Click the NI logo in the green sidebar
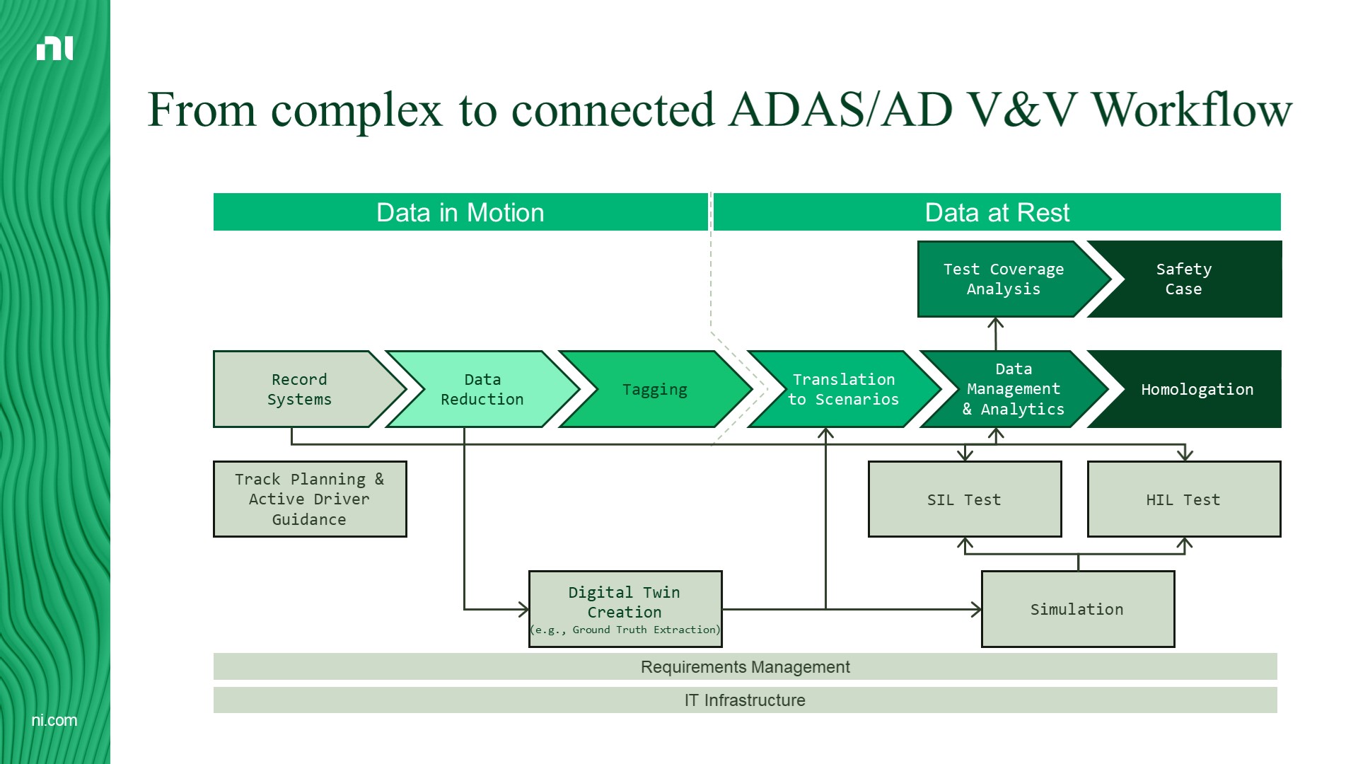coord(54,48)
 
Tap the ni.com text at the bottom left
coord(54,720)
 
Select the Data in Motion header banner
coord(460,212)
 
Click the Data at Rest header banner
coord(997,212)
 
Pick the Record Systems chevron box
coord(300,389)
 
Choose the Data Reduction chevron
coord(482,389)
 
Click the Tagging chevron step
coord(655,389)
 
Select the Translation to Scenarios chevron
coord(843,389)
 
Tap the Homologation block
coord(1197,389)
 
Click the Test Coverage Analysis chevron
coord(1004,279)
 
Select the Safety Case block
coord(1184,279)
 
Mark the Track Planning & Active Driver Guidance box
coord(310,499)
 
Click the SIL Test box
coord(965,499)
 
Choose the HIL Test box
coord(1183,499)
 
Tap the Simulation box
coord(1077,609)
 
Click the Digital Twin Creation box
coord(625,609)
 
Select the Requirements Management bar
coord(745,666)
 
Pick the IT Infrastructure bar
coord(745,700)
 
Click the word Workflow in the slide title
coord(1192,110)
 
